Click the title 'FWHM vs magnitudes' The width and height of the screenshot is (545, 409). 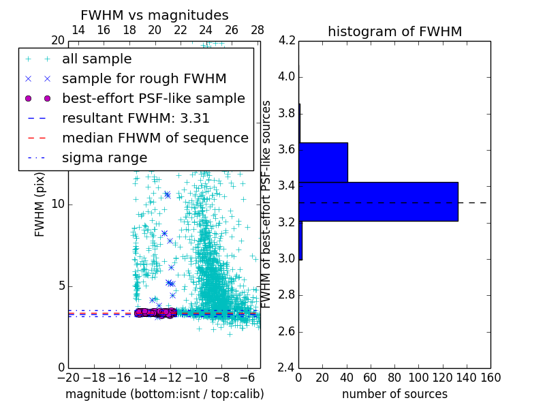[155, 15]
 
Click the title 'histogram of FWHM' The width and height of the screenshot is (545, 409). [394, 31]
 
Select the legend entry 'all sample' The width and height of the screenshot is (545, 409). [97, 59]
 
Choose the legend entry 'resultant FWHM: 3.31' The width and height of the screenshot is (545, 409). [136, 118]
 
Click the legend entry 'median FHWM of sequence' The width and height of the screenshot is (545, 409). [155, 138]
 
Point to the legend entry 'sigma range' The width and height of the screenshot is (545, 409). [104, 157]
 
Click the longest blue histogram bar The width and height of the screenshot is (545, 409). [378, 201]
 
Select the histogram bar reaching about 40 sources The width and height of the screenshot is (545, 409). [323, 162]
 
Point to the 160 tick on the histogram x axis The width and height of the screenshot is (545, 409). [490, 378]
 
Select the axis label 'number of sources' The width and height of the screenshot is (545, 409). [394, 394]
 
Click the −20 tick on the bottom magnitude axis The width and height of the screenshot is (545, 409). [68, 378]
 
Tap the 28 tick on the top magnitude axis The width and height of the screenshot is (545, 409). [257, 30]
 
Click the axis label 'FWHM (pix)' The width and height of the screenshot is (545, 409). [40, 204]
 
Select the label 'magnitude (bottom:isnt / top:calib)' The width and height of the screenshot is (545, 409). [164, 394]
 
